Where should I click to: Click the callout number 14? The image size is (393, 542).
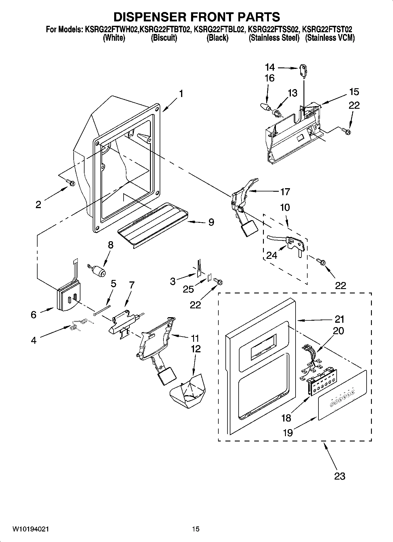[270, 67]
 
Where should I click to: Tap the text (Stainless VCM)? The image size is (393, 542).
[330, 38]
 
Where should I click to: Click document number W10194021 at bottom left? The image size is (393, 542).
[31, 529]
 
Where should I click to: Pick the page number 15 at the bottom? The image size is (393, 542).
[196, 529]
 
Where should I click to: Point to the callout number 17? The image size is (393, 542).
[285, 192]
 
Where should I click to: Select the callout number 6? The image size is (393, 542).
[33, 315]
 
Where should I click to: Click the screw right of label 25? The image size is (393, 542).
[219, 282]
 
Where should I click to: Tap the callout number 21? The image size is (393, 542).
[340, 319]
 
